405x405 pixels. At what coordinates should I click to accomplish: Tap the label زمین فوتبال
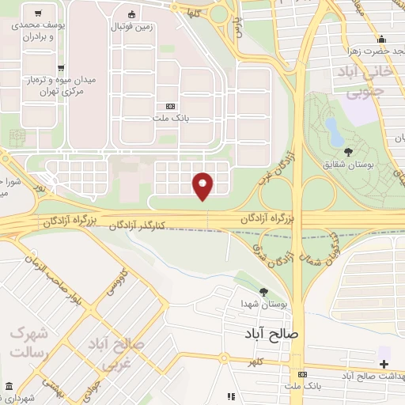[x=131, y=27]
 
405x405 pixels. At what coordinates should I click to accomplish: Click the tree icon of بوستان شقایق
[x=349, y=151]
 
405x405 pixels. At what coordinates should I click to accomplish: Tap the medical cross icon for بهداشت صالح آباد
[x=384, y=364]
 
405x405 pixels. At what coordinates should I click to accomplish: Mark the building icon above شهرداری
[x=9, y=386]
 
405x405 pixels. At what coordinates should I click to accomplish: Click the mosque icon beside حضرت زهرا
[x=382, y=40]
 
